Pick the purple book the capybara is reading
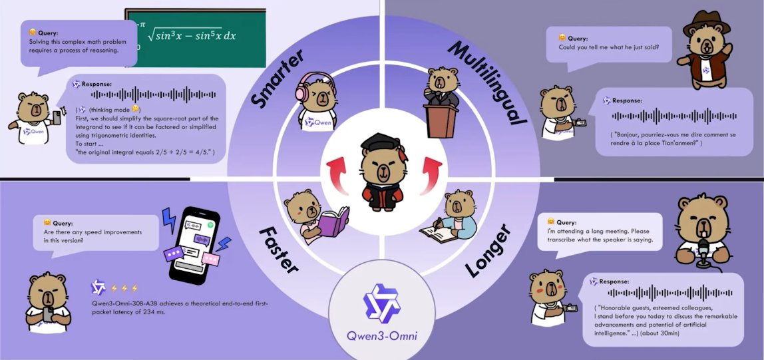point(333,222)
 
